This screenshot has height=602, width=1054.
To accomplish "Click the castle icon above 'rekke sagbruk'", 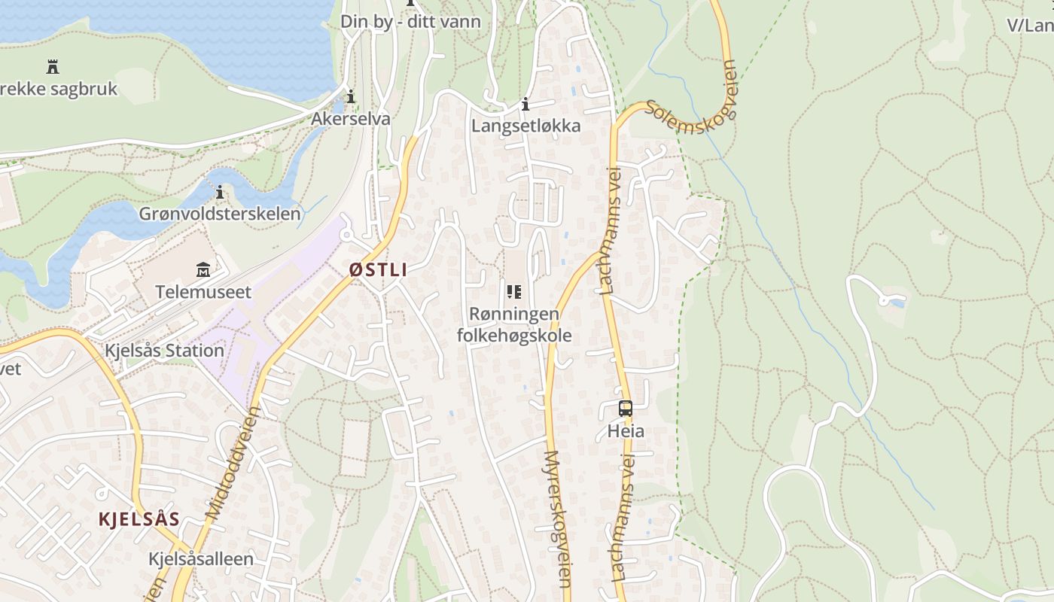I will (53, 67).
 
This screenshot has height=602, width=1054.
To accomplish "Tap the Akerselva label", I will (351, 119).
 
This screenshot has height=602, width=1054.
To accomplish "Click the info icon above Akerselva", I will (351, 96).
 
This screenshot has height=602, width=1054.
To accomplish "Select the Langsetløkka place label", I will (525, 126).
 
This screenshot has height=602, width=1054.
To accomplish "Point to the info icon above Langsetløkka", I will (525, 104).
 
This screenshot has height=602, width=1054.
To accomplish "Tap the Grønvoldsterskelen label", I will (220, 214).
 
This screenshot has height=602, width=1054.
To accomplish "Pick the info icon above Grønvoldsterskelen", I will (220, 193).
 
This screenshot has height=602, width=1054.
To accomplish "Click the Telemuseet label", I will (203, 292).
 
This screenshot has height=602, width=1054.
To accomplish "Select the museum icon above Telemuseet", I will (203, 269).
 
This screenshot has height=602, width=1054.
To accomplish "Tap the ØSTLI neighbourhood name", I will (378, 269).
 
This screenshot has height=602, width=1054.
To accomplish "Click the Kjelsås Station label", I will (164, 351).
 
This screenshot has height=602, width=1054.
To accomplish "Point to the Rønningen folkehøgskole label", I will (514, 324).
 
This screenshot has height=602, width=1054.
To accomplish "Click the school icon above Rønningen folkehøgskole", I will (514, 292).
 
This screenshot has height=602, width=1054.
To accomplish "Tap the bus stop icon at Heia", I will (626, 409).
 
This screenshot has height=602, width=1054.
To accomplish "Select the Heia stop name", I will (626, 431).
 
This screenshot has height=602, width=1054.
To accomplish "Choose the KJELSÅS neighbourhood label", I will (139, 519).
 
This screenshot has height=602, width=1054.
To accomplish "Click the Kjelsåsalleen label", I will (201, 559).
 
